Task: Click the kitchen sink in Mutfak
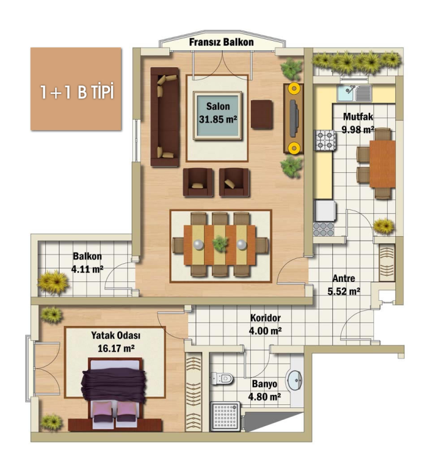coord(354,93)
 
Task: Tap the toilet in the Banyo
coord(222,379)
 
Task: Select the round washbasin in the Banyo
coord(294,380)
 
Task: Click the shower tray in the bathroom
coord(225,416)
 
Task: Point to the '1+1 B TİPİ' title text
coord(77,91)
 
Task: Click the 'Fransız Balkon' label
coord(221,42)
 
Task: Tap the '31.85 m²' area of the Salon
coord(218,119)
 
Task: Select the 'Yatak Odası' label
coord(115,335)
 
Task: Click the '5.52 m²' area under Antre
coord(344,291)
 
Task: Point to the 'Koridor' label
coord(265,318)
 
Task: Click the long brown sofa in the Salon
coord(165,117)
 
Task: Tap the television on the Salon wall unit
coord(294,118)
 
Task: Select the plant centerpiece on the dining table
coord(220,244)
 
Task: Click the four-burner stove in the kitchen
coord(325,140)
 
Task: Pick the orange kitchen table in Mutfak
coord(383,164)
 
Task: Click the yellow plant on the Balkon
coord(54,282)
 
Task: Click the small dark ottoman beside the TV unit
coord(262,115)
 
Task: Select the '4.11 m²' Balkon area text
coord(87,269)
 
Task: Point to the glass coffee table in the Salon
coord(218,115)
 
